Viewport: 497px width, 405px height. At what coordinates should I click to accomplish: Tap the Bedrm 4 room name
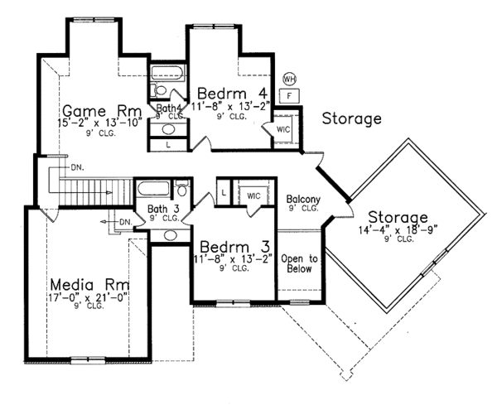(224, 91)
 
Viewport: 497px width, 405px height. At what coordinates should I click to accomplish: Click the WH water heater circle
(290, 78)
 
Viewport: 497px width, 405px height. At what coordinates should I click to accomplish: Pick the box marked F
(290, 95)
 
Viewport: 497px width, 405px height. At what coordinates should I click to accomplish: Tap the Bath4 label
(169, 108)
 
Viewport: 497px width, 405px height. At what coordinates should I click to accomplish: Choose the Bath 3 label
(163, 209)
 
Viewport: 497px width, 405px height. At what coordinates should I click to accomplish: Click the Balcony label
(303, 200)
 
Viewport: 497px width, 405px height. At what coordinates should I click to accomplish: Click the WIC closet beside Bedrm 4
(282, 130)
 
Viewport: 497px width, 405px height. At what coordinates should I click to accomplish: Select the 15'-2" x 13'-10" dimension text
(98, 123)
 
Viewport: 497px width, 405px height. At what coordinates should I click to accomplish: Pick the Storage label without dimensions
(351, 118)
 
